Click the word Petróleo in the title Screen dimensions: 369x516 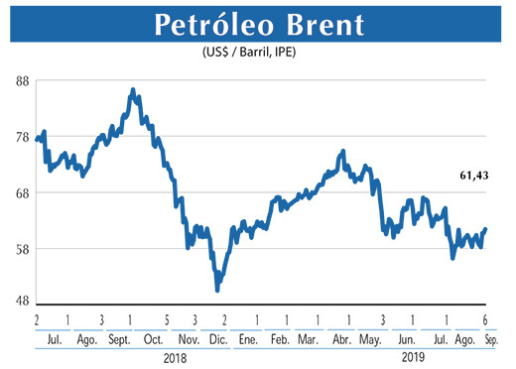pos(207,25)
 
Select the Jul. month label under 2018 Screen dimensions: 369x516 pos(55,338)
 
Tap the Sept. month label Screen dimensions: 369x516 pos(119,338)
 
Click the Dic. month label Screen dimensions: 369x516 pos(218,338)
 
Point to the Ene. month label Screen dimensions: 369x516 pos(249,338)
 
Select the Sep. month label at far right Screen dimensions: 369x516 pos(489,338)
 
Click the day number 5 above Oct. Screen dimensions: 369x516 pos(166,320)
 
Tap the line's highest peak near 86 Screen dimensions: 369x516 pos(133,90)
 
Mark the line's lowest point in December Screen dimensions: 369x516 pos(217,289)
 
